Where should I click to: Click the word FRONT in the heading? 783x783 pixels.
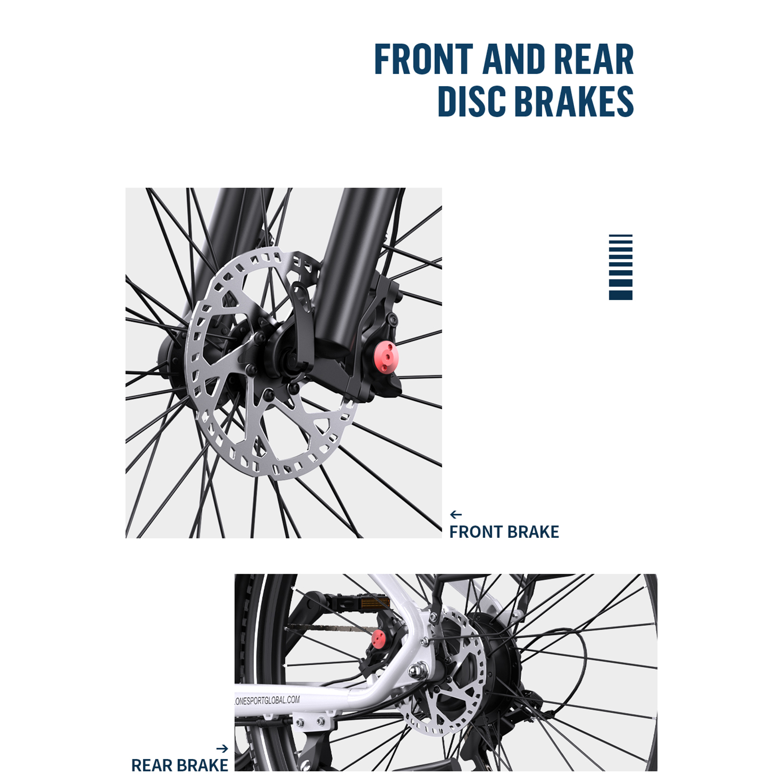click(x=424, y=59)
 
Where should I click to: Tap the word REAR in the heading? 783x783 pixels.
click(x=594, y=59)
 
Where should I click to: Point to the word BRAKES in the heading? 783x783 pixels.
click(x=575, y=101)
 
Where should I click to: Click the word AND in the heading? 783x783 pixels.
click(x=514, y=59)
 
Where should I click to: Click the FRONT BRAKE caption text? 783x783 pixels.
click(x=504, y=532)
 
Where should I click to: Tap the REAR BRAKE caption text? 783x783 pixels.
click(x=180, y=765)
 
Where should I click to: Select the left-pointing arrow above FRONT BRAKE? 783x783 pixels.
click(x=456, y=514)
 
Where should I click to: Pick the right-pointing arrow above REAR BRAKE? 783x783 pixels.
click(x=222, y=748)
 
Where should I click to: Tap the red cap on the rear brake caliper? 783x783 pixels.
click(x=378, y=638)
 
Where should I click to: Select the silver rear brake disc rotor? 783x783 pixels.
click(x=448, y=670)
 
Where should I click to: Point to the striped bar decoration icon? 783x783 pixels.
click(x=621, y=267)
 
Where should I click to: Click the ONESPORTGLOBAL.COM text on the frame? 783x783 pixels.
click(x=267, y=701)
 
